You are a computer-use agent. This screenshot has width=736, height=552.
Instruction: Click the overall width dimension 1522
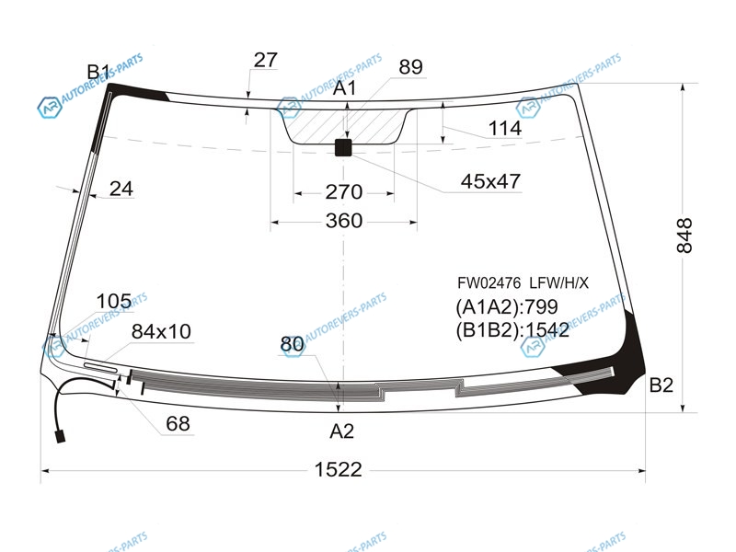pos(338,469)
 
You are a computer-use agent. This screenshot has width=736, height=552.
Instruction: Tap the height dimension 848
pos(684,236)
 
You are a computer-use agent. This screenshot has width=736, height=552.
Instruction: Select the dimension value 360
pos(344,221)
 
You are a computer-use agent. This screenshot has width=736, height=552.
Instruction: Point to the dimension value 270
pos(344,192)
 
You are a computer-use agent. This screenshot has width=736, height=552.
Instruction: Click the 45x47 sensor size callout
pos(490,181)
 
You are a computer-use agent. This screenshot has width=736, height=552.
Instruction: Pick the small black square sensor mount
pos(343,147)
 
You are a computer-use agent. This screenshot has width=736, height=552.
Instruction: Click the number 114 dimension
pos(504,128)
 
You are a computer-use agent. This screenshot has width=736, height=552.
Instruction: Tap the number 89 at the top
pos(410,67)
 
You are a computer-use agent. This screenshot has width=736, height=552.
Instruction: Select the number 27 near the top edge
pos(265,60)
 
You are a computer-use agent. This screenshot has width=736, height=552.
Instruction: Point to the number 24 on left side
pos(121,189)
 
